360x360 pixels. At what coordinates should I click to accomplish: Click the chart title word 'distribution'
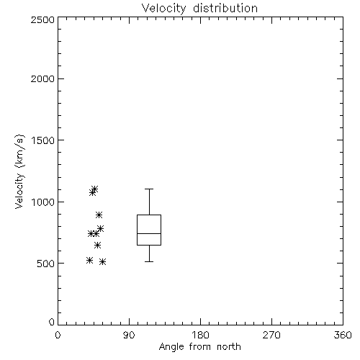[225, 8]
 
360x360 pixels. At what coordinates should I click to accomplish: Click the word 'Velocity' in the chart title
[163, 9]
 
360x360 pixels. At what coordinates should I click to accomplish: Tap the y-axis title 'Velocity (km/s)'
[19, 171]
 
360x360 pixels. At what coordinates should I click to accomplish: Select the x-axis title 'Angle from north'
[200, 346]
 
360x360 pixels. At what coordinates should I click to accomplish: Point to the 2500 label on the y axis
[42, 19]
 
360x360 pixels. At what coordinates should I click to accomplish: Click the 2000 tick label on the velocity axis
[42, 78]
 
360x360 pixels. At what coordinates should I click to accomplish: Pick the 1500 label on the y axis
[43, 140]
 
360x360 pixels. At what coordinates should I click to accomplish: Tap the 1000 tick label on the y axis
[43, 202]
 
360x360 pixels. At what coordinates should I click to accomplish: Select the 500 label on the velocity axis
[46, 264]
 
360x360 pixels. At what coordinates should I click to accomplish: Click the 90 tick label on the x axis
[129, 335]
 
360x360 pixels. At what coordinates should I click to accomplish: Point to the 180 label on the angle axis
[200, 335]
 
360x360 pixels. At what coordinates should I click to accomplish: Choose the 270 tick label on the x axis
[271, 335]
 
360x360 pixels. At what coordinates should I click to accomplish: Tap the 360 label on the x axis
[343, 335]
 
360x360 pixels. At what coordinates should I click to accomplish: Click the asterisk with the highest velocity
[94, 189]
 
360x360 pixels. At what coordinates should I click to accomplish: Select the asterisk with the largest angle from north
[103, 261]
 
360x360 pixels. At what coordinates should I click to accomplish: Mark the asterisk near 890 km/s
[99, 215]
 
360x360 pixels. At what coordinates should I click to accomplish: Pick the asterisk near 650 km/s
[97, 245]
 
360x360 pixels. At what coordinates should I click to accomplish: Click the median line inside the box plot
[149, 233]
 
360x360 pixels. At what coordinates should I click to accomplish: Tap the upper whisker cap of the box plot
[149, 189]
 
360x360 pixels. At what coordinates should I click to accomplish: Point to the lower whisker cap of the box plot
[149, 261]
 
